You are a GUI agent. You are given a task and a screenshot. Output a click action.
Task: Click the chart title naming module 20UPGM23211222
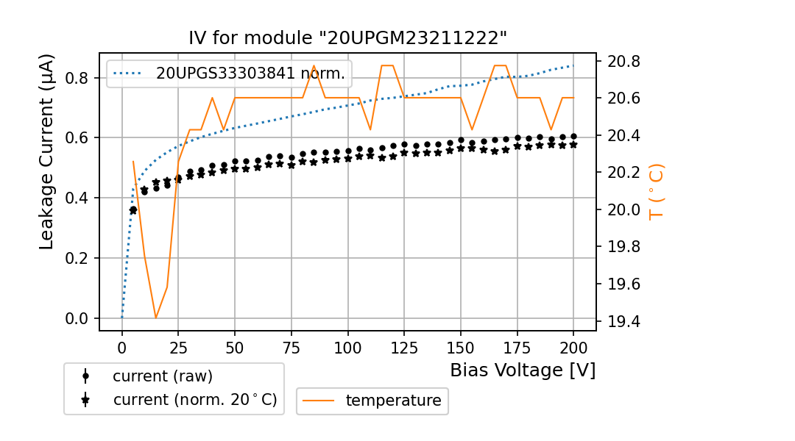pyautogui.click(x=347, y=38)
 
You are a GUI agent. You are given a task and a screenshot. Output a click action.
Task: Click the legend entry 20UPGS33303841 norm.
pyautogui.click(x=250, y=73)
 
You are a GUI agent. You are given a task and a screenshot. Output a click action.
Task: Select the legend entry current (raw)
pyautogui.click(x=162, y=376)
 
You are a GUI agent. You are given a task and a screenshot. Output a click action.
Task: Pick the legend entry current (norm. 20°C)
pyautogui.click(x=194, y=400)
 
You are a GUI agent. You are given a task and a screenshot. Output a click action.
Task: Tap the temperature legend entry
pyautogui.click(x=393, y=401)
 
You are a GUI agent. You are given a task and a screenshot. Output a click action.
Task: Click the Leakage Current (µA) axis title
pyautogui.click(x=47, y=151)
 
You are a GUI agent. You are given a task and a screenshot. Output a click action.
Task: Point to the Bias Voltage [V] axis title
pyautogui.click(x=523, y=370)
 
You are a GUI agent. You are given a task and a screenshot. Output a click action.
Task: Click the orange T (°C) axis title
pyautogui.click(x=656, y=192)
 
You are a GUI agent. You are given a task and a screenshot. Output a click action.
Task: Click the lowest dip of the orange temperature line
pyautogui.click(x=156, y=318)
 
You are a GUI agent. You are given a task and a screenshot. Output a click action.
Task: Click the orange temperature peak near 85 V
pyautogui.click(x=314, y=65)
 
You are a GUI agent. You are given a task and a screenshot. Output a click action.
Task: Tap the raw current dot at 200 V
pyautogui.click(x=573, y=137)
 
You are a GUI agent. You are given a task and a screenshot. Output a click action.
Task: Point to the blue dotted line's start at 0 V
pyautogui.click(x=122, y=318)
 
